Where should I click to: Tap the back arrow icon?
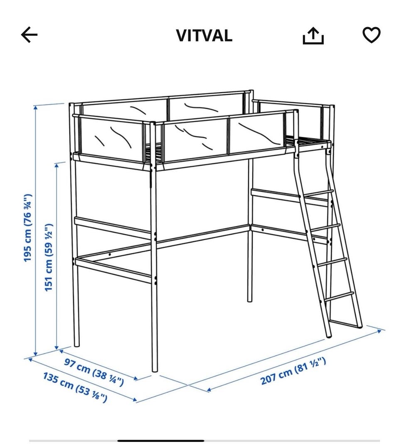[x=29, y=35]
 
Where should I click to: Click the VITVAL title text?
[x=204, y=36]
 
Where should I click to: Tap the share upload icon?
[x=313, y=36]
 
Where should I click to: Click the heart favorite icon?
[x=372, y=35]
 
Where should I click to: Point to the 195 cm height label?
[x=28, y=228]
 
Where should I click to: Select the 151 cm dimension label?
[x=49, y=257]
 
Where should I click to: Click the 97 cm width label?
[x=94, y=372]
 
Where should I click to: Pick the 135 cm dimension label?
[x=75, y=388]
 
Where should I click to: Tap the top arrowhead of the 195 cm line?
[x=35, y=108]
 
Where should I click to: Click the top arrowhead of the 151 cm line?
[x=57, y=165]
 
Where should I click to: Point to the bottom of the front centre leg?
[x=155, y=370]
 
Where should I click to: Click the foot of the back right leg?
[x=250, y=300]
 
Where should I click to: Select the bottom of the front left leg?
[x=76, y=345]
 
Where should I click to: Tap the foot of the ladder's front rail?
[x=329, y=336]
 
